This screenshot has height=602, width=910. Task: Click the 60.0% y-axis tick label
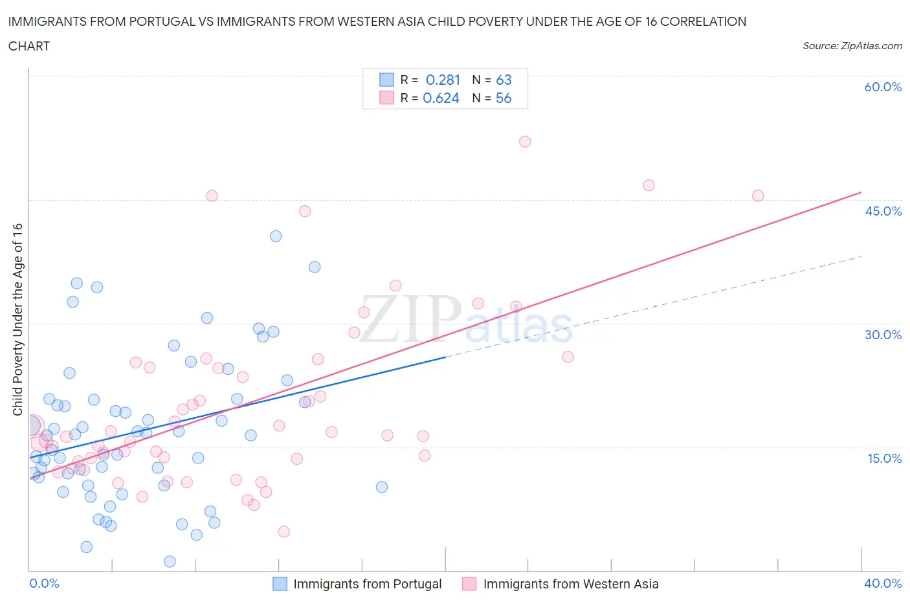pos(883,87)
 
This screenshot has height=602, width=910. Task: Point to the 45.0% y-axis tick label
pos(883,211)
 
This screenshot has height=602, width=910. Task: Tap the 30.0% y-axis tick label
pos(883,335)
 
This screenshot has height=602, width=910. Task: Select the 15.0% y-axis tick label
pos(883,458)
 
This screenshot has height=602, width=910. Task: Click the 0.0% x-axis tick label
pos(44,583)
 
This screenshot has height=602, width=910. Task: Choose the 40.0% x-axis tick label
pos(883,583)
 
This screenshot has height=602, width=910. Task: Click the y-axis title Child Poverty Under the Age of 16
pos(17,319)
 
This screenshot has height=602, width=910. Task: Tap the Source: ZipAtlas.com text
pos(852,46)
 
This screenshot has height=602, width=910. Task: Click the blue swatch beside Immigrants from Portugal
pos(280,584)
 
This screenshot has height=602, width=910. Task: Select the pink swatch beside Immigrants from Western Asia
pos(469,584)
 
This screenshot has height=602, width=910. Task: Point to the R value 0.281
pos(443,80)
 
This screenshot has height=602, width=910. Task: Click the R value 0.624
pos(441,98)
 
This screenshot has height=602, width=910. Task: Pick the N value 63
pos(504,80)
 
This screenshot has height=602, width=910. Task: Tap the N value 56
pos(504,98)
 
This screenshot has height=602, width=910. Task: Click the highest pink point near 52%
pos(525,142)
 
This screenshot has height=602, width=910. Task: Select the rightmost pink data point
pos(758,195)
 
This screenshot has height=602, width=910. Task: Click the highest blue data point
pos(276,236)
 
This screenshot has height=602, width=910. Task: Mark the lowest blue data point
pos(170,561)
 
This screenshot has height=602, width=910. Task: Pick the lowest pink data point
pos(283,531)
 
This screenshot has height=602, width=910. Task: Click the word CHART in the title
pos(29,46)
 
